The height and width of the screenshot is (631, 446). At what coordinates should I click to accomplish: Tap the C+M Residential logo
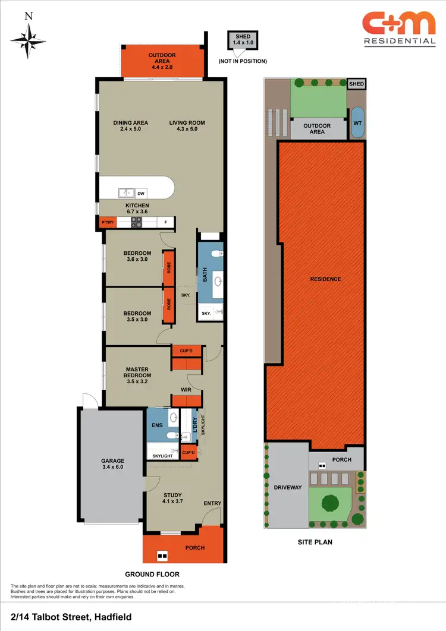point(399,30)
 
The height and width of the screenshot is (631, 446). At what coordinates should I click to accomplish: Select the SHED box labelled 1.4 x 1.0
point(243,40)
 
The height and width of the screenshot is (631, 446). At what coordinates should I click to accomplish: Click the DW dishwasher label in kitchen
point(141,193)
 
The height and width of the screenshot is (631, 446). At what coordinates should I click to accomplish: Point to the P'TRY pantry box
point(108,223)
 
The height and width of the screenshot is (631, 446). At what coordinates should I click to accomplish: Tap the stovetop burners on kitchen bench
point(136,223)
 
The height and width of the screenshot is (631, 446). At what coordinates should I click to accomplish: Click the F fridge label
point(166,223)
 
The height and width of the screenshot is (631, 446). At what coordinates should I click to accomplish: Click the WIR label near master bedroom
point(186,390)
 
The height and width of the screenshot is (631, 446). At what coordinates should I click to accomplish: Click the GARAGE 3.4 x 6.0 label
point(112,464)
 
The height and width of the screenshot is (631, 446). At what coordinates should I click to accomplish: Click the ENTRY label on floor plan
point(212,503)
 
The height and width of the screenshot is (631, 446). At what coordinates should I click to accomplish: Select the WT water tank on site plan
point(357,122)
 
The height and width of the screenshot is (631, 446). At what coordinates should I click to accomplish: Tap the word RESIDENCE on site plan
point(325,279)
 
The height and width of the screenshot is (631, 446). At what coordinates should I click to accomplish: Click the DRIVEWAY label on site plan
point(287,488)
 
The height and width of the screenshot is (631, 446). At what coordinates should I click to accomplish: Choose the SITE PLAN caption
point(315,542)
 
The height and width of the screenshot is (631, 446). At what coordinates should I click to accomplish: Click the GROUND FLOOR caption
point(152,575)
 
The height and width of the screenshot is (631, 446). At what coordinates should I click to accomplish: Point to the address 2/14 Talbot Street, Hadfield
point(71,617)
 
